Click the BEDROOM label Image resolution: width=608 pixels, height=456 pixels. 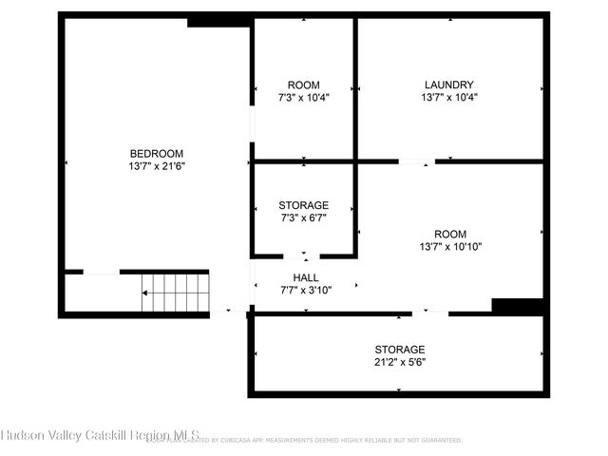click(x=157, y=154)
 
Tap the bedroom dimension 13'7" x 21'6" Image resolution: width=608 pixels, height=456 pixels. click(x=157, y=165)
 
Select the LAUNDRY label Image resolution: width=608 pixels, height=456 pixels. click(x=448, y=85)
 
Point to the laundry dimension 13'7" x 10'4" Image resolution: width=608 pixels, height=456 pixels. click(x=448, y=96)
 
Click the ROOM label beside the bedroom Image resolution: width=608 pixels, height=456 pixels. click(x=304, y=85)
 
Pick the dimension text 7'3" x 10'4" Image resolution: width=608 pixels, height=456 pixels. click(x=304, y=96)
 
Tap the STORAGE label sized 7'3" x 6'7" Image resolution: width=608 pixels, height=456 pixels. click(x=304, y=205)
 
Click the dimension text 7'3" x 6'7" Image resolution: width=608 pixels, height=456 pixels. click(x=304, y=217)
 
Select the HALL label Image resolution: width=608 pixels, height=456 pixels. click(x=306, y=277)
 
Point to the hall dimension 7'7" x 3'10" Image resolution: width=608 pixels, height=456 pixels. click(x=306, y=289)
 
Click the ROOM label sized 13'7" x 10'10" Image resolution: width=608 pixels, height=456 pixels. click(x=450, y=235)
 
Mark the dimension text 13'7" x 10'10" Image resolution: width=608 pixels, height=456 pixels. click(x=450, y=246)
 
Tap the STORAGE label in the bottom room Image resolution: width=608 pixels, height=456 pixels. click(x=399, y=350)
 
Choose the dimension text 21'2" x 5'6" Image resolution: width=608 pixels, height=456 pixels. click(x=399, y=361)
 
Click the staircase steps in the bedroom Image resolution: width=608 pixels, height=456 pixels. click(x=176, y=293)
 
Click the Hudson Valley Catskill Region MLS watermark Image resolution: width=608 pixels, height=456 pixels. click(x=100, y=435)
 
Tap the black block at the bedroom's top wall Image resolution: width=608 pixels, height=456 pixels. click(x=218, y=20)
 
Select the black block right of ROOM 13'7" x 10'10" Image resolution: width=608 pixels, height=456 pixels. click(x=518, y=306)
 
